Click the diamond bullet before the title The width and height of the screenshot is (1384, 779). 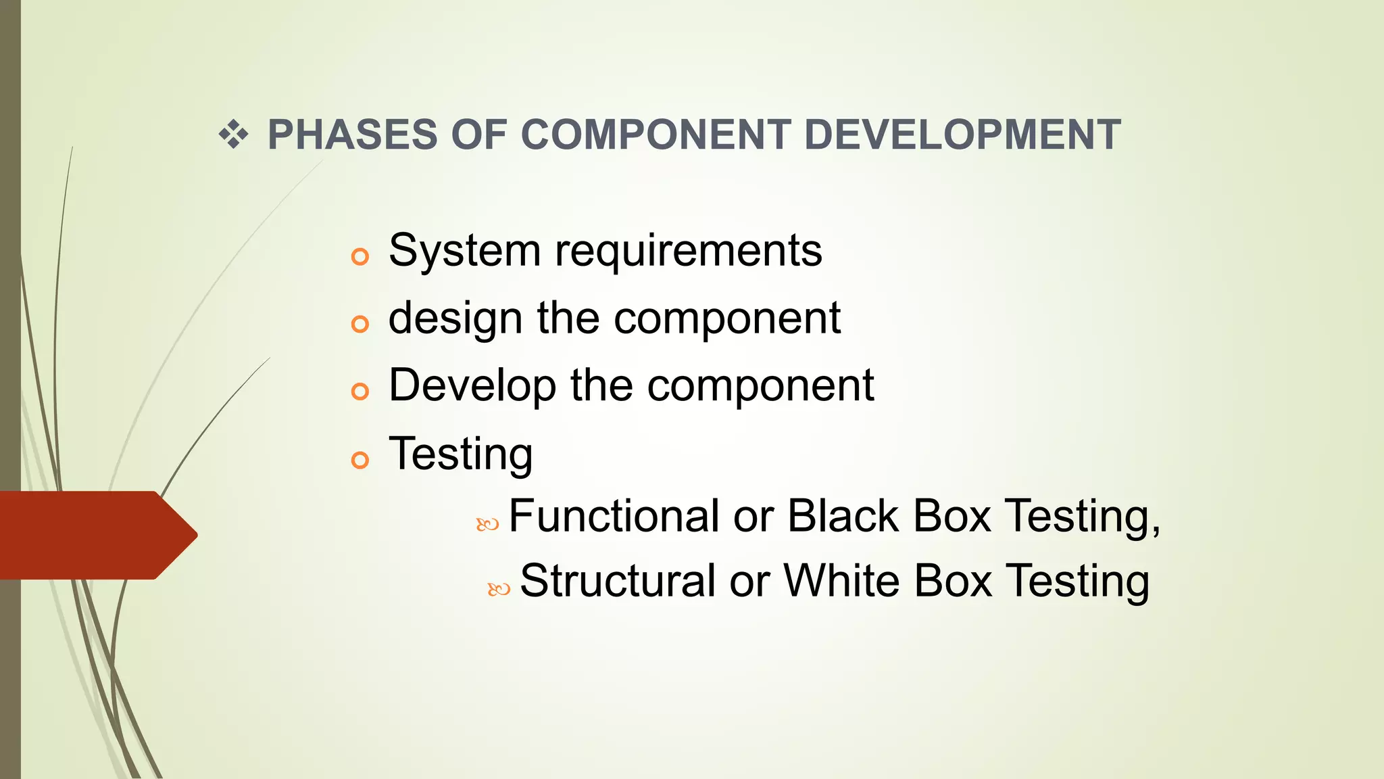click(x=233, y=135)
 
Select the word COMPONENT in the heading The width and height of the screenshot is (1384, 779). click(x=656, y=135)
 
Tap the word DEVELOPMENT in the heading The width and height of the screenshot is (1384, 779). click(x=962, y=135)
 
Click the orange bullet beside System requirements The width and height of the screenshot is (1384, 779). click(x=360, y=257)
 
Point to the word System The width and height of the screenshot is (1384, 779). click(x=464, y=251)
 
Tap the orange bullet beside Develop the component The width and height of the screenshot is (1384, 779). click(x=360, y=392)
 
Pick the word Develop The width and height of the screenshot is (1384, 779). click(x=472, y=386)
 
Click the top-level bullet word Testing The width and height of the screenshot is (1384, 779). click(x=461, y=454)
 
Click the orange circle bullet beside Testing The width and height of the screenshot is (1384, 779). click(x=360, y=461)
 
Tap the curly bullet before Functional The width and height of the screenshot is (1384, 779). click(x=487, y=524)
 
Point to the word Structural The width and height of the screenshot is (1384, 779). click(x=617, y=581)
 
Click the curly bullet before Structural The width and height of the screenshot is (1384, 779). click(x=499, y=590)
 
